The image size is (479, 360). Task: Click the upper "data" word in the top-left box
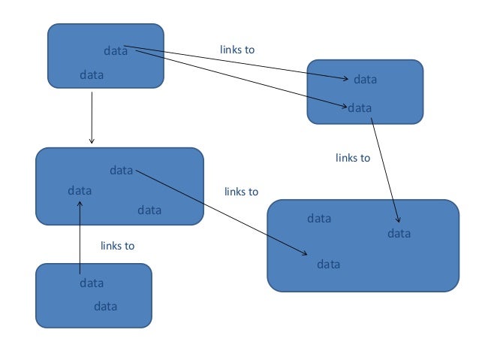pyautogui.click(x=115, y=51)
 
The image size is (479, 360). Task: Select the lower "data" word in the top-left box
pyautogui.click(x=92, y=75)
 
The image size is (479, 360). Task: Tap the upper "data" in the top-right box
pyautogui.click(x=365, y=79)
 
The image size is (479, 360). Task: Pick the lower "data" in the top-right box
pyautogui.click(x=360, y=107)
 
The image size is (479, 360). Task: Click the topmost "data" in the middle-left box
pyautogui.click(x=121, y=171)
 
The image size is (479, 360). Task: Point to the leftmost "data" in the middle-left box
pyautogui.click(x=80, y=191)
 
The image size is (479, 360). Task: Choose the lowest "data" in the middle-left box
pyautogui.click(x=149, y=210)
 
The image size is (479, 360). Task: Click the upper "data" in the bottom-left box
pyautogui.click(x=92, y=283)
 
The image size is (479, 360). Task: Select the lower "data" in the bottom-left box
pyautogui.click(x=105, y=307)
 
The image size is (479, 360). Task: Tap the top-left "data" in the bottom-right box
pyautogui.click(x=319, y=219)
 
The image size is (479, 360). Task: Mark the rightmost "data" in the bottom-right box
pyautogui.click(x=399, y=234)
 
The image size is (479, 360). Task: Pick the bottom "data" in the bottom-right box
pyautogui.click(x=328, y=265)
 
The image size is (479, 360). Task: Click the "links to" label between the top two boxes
pyautogui.click(x=237, y=50)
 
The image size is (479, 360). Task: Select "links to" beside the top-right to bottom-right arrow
pyautogui.click(x=353, y=158)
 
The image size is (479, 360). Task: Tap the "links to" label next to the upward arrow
pyautogui.click(x=117, y=246)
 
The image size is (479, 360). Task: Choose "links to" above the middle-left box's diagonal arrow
pyautogui.click(x=241, y=192)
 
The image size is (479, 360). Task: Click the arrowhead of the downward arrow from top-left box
pyautogui.click(x=92, y=141)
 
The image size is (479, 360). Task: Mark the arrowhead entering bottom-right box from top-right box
pyautogui.click(x=398, y=219)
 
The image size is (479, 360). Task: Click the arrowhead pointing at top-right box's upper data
pyautogui.click(x=346, y=78)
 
